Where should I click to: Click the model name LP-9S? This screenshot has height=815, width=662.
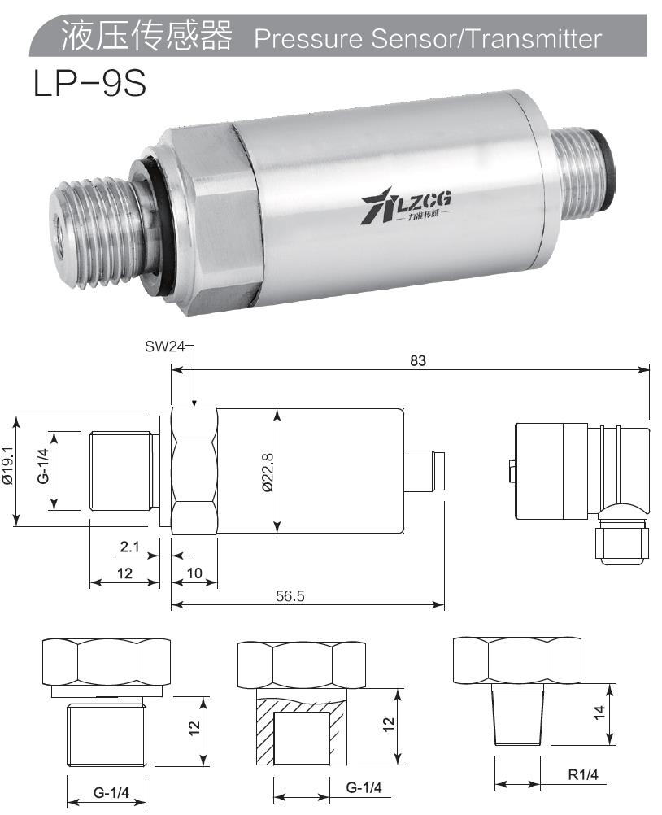click(x=89, y=84)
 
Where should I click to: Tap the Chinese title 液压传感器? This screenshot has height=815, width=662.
click(x=146, y=37)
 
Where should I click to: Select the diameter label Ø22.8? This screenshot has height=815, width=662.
click(x=268, y=471)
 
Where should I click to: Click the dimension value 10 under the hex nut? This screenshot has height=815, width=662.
click(x=194, y=573)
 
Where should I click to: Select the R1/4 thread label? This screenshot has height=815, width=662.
click(x=581, y=776)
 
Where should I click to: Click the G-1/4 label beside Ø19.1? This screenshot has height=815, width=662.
click(x=43, y=467)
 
